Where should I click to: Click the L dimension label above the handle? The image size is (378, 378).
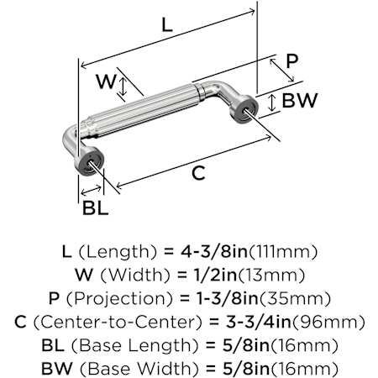point(167,24)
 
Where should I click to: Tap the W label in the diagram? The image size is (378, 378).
point(106,81)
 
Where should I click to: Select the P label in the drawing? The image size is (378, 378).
point(291,61)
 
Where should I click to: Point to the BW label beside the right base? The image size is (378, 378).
point(300,100)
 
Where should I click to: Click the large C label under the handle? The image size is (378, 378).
point(198,173)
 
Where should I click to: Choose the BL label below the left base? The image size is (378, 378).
point(95,208)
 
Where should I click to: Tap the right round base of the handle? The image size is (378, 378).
point(244,109)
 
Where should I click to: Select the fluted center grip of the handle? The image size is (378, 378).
point(141,110)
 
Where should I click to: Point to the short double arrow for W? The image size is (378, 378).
point(123,87)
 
